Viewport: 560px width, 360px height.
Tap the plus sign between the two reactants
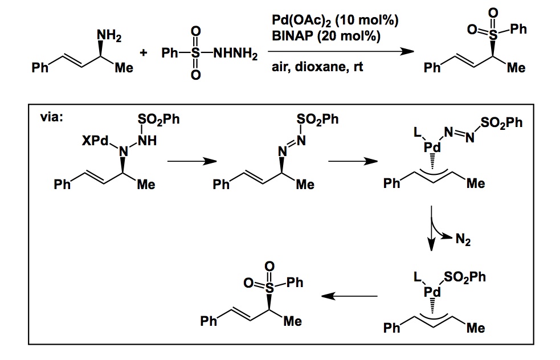tap(144, 54)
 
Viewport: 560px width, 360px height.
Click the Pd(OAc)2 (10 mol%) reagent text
tap(335, 21)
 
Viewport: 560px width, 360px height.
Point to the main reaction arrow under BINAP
tap(342, 52)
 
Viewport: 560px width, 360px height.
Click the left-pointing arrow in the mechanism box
tap(349, 296)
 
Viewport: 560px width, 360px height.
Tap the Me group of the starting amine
tap(124, 68)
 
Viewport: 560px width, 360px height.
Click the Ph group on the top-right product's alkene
tap(432, 68)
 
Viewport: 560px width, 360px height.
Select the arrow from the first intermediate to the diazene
tap(191, 161)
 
